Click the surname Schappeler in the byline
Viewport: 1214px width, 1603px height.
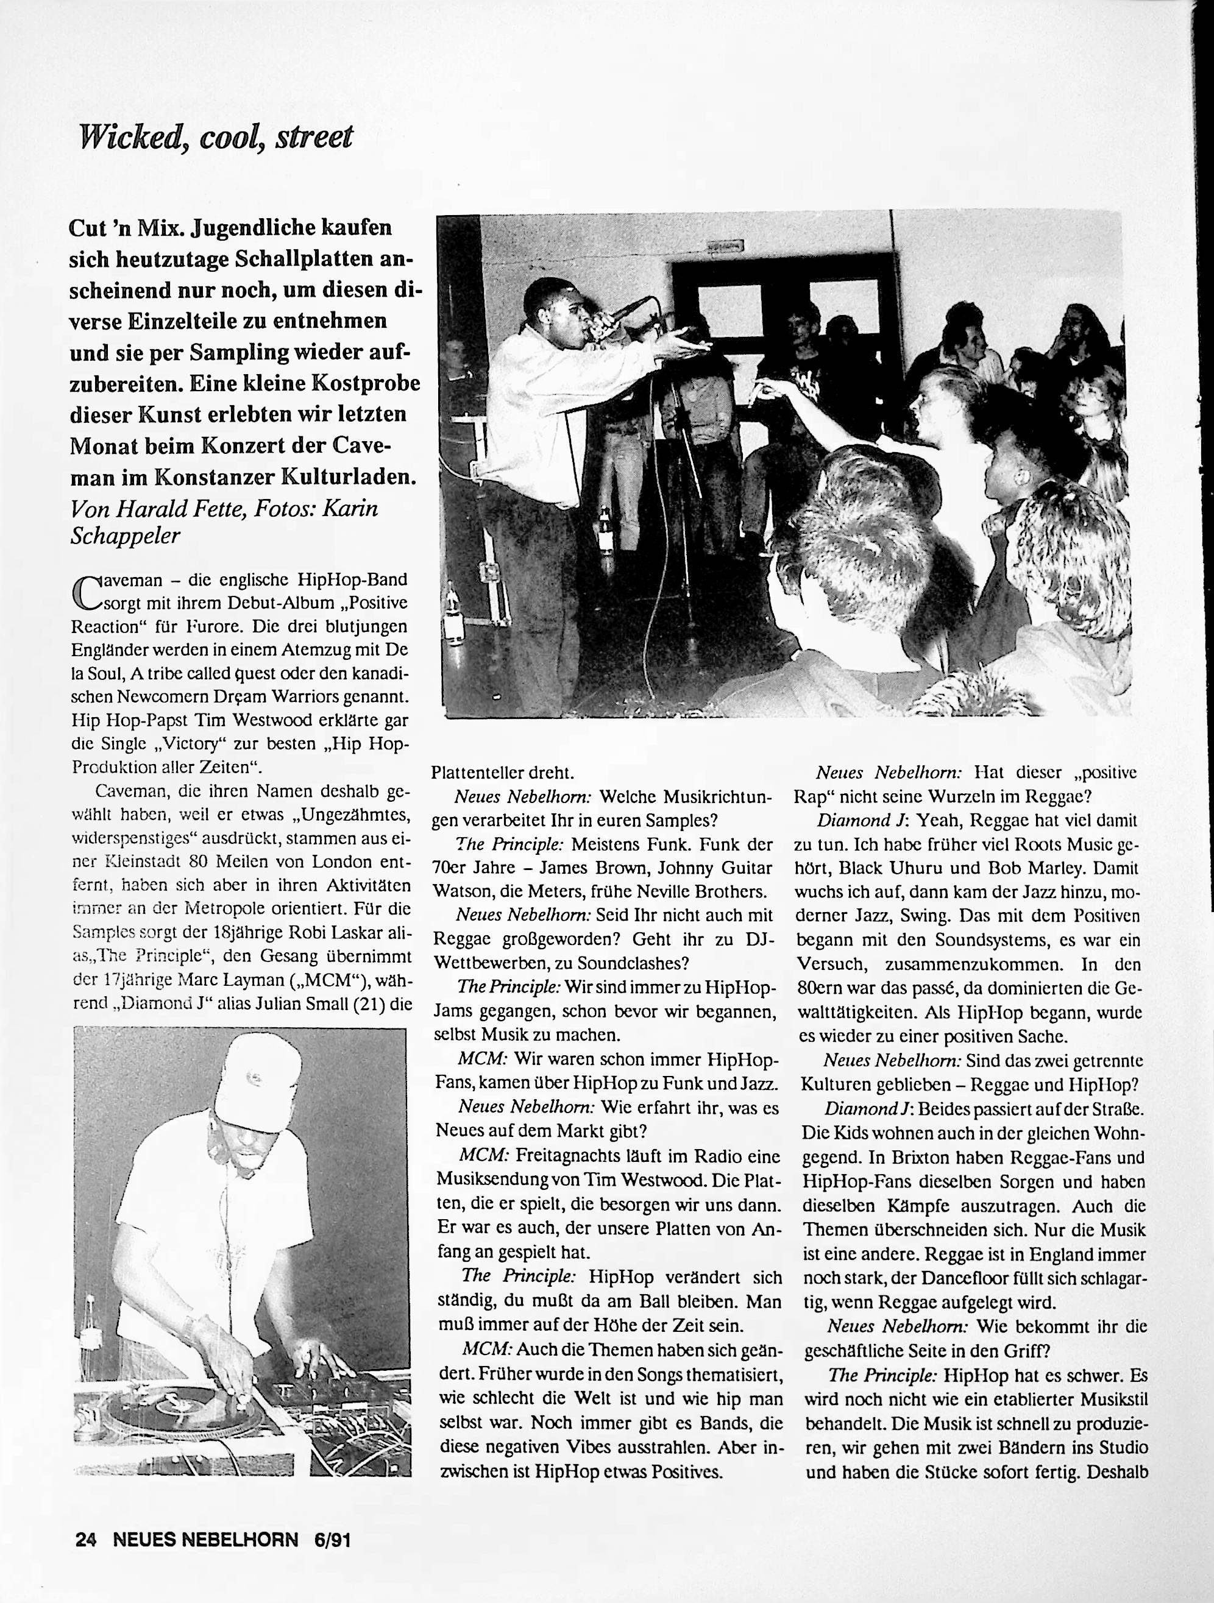125,536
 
